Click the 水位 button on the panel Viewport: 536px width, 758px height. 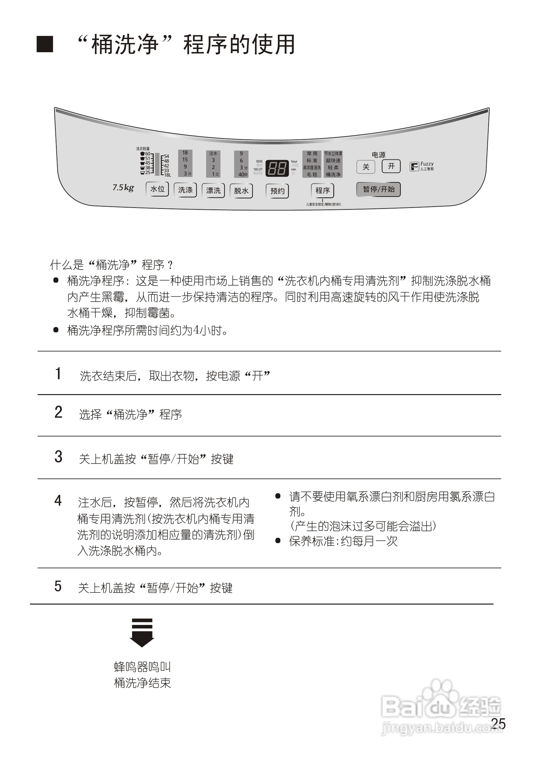click(158, 189)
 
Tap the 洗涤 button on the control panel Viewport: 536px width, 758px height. click(185, 190)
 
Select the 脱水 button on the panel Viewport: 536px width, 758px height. click(241, 191)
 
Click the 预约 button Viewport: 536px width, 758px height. click(277, 191)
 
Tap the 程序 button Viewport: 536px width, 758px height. click(322, 190)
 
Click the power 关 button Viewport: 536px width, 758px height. click(366, 167)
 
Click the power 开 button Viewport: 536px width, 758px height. click(391, 166)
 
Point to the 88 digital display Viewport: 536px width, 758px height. click(277, 168)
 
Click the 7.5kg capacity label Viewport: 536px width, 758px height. click(123, 188)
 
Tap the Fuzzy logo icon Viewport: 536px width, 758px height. click(414, 166)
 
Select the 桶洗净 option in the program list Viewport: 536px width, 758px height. click(333, 175)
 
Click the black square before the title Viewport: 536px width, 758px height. click(45, 44)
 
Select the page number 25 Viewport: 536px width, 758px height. click(498, 724)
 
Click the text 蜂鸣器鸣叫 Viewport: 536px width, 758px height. click(142, 667)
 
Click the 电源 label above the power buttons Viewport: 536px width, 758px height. click(378, 155)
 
